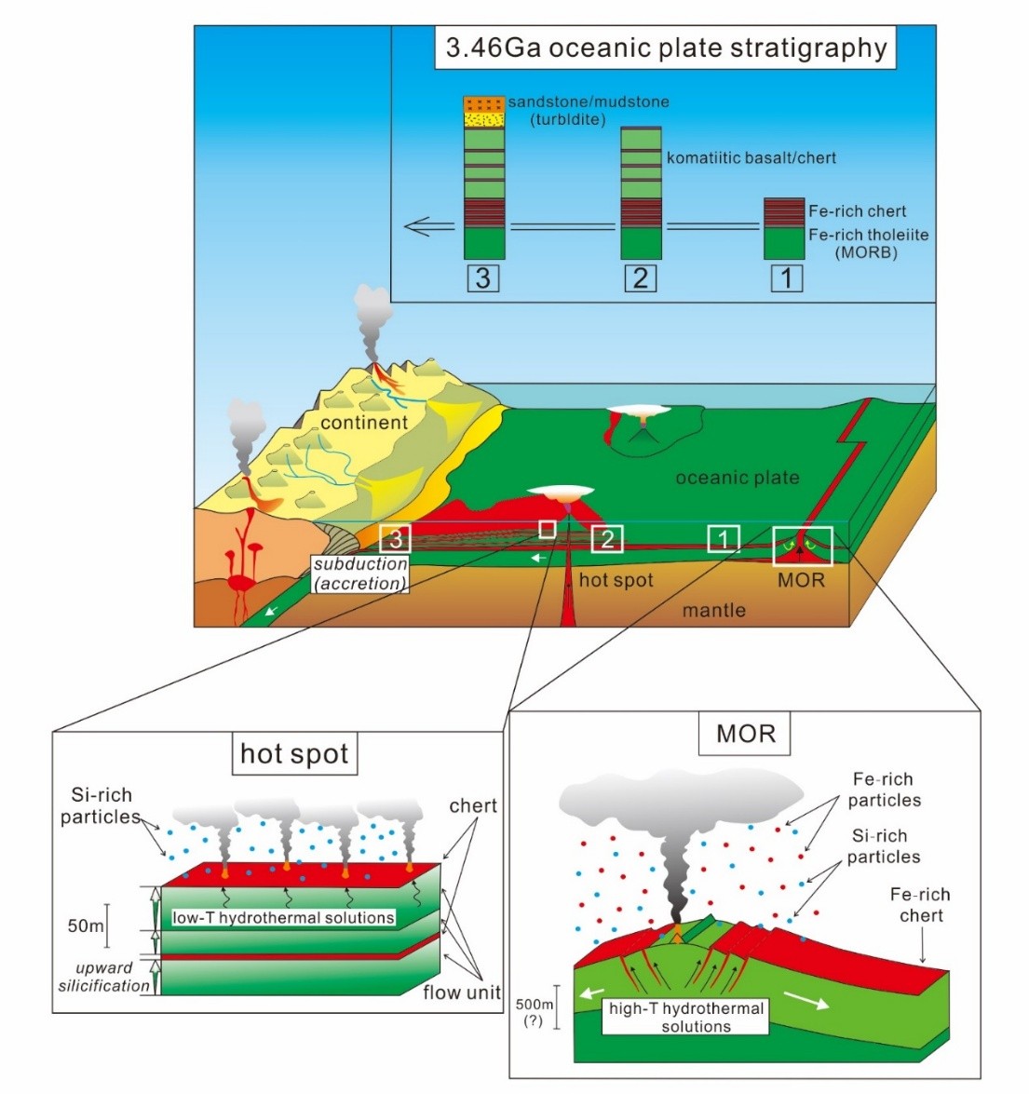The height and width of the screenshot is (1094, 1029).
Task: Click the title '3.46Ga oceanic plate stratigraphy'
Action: (x=666, y=48)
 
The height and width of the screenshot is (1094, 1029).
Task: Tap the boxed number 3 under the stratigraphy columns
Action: (x=483, y=277)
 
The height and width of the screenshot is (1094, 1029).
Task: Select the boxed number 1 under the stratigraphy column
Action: (x=787, y=277)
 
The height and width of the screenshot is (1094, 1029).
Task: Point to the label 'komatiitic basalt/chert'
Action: (x=751, y=157)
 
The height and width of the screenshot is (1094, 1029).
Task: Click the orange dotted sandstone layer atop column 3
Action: (x=484, y=103)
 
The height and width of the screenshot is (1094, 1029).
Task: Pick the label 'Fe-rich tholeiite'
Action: (x=868, y=235)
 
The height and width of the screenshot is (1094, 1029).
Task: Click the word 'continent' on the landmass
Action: (x=364, y=423)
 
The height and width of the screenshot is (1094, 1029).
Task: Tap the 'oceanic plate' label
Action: (x=738, y=478)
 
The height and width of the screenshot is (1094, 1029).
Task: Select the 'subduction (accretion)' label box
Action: (x=360, y=574)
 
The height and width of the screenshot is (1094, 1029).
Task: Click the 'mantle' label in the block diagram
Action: (x=714, y=610)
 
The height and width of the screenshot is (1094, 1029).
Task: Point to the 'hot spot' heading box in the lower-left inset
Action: (x=294, y=753)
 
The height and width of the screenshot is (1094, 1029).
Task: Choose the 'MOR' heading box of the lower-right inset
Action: (x=746, y=734)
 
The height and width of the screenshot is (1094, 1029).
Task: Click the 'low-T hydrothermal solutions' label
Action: (x=283, y=917)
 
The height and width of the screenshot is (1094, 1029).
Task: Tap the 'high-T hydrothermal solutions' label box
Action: (x=686, y=1017)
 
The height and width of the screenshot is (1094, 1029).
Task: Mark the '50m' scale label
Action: (x=86, y=925)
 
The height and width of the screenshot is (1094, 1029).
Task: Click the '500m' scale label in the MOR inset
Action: (x=535, y=1005)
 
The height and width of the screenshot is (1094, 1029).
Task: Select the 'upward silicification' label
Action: (x=103, y=977)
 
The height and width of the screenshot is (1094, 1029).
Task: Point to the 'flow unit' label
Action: (x=462, y=993)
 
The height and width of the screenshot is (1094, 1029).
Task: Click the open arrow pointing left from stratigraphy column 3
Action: (x=429, y=226)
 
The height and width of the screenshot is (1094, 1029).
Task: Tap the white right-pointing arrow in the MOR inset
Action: (x=807, y=1000)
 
